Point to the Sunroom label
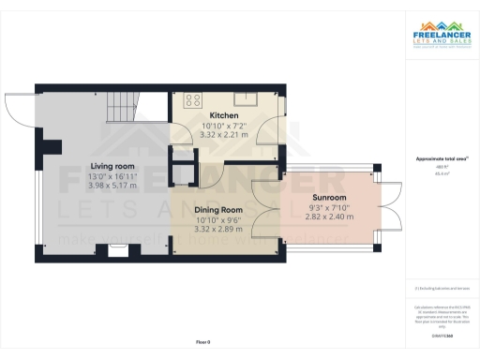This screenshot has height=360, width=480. (329, 198)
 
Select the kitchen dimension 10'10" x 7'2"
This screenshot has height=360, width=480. (223, 126)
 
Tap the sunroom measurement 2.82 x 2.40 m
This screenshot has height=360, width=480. (329, 217)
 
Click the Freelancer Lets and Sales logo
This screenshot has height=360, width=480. (442, 39)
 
